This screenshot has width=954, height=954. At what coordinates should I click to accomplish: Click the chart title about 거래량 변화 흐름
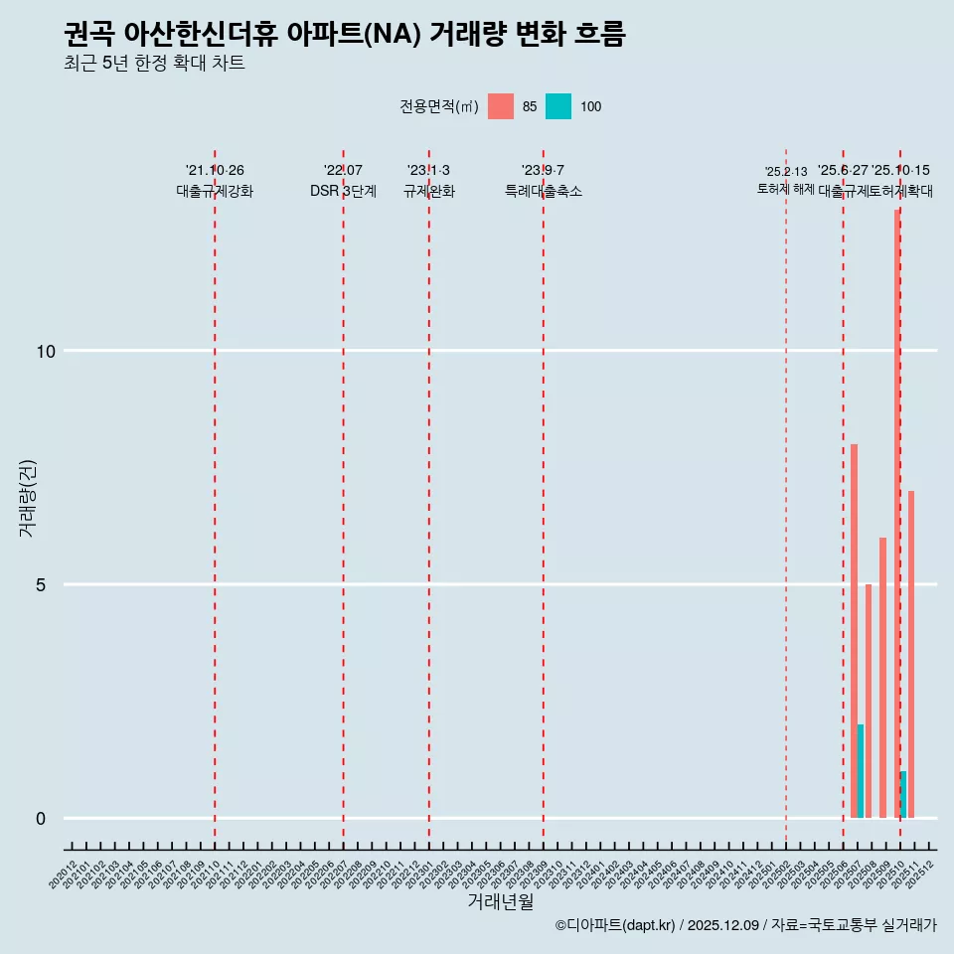[x=344, y=35]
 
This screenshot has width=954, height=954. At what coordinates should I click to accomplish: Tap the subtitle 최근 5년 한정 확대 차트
[x=154, y=65]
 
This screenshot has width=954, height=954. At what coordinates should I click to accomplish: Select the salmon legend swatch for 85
[x=501, y=106]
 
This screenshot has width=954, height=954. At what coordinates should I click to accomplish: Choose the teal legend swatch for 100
[x=558, y=106]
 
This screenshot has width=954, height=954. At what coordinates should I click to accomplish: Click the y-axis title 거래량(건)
[x=27, y=498]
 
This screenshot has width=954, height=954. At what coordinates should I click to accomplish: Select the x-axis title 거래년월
[x=501, y=902]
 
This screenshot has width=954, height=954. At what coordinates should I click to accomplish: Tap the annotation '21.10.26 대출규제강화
[x=215, y=181]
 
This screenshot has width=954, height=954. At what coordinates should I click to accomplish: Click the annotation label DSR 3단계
[x=343, y=191]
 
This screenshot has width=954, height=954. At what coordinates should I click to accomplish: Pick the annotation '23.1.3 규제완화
[x=428, y=181]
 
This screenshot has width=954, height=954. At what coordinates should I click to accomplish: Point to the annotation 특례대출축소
[x=543, y=191]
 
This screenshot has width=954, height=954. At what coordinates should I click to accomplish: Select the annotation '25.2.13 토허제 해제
[x=786, y=180]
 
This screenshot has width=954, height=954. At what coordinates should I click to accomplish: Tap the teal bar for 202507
[x=861, y=771]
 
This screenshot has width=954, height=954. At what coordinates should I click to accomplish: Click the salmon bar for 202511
[x=911, y=654]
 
